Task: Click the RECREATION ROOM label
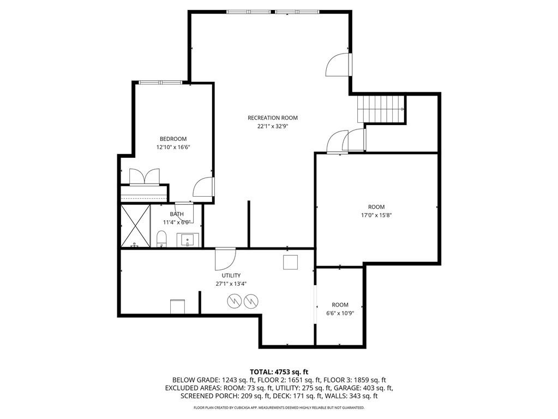tap(273, 117)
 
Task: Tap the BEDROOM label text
tap(173, 139)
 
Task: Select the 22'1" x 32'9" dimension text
tap(273, 126)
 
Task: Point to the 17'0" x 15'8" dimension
tap(376, 215)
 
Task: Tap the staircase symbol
tap(381, 108)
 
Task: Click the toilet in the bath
tap(161, 239)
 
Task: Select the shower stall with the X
tap(135, 226)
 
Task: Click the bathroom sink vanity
tap(189, 239)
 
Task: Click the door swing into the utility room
tap(225, 257)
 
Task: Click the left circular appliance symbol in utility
tap(235, 300)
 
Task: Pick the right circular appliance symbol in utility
tap(250, 300)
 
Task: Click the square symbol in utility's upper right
tap(290, 262)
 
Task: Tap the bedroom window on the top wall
tap(160, 82)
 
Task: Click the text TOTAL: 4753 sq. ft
tap(279, 371)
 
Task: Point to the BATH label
tap(176, 214)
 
